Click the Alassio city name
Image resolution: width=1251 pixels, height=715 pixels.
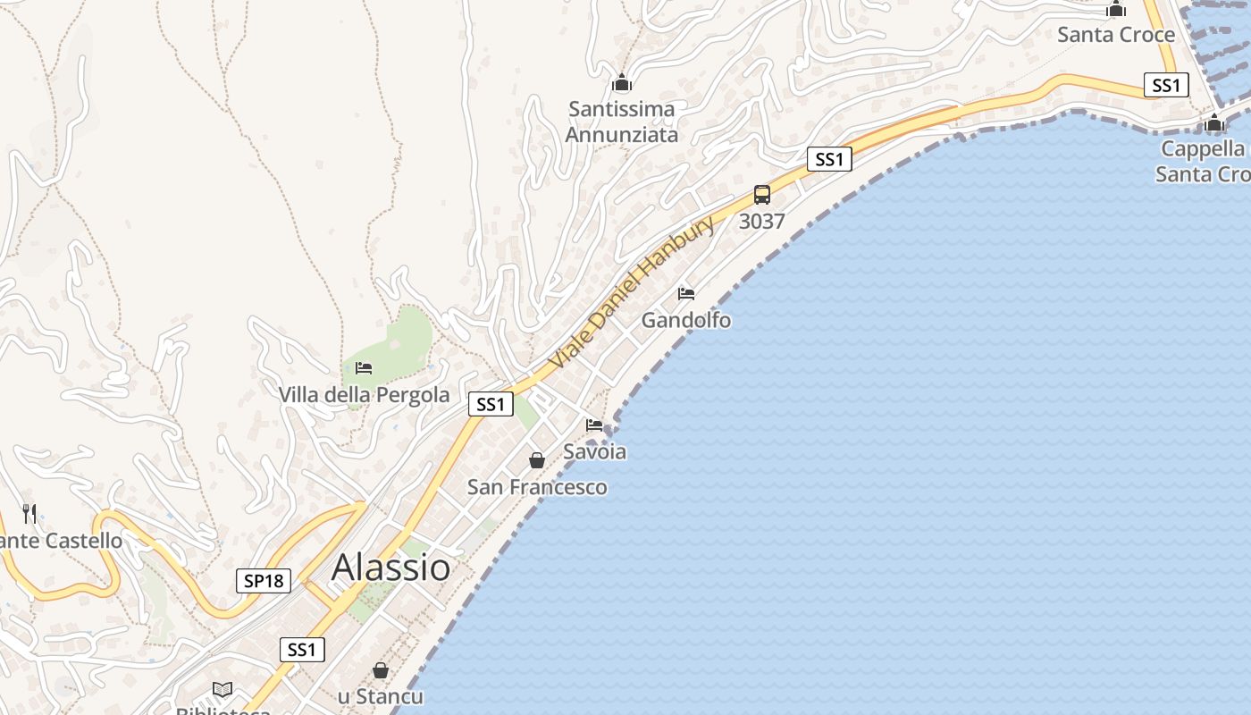[390, 568]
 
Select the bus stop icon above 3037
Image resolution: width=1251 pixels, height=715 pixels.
[761, 195]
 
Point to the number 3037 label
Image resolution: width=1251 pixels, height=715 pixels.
[761, 221]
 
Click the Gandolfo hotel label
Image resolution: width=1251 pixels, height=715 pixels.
[686, 320]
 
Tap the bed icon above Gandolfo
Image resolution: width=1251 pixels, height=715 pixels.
[686, 293]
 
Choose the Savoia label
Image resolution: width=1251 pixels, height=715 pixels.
[594, 451]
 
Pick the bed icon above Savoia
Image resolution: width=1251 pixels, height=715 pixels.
[594, 425]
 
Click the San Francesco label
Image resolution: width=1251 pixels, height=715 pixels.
[537, 487]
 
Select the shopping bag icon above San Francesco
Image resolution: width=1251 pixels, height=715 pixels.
[537, 460]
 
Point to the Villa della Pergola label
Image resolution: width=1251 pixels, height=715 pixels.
[364, 394]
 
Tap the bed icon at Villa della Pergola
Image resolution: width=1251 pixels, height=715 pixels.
[364, 367]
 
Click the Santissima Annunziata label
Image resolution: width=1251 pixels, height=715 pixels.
[622, 122]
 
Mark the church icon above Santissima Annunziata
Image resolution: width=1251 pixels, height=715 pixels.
[622, 84]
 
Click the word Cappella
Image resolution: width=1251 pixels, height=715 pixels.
[1203, 148]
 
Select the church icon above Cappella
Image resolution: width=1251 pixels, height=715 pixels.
[1214, 122]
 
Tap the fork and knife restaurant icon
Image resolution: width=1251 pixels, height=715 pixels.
[29, 513]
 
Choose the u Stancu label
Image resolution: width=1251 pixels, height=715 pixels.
[380, 696]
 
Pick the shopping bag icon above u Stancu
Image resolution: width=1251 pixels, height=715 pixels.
[381, 669]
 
